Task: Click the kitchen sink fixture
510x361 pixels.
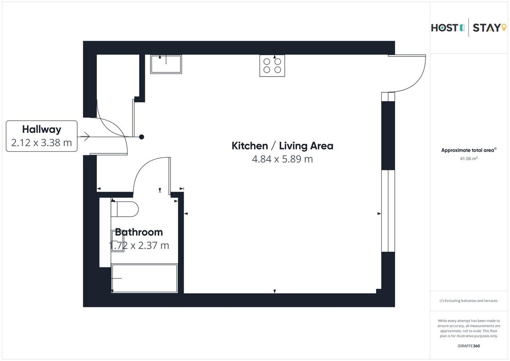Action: [166, 64]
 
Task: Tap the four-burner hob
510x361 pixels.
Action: [272, 65]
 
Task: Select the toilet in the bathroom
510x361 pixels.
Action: [125, 209]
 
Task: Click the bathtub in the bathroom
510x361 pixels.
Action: [144, 278]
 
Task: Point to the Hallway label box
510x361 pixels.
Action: [42, 136]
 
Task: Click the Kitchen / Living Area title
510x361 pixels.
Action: [282, 146]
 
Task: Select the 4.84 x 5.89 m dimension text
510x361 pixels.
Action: [282, 159]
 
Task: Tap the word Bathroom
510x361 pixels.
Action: [139, 232]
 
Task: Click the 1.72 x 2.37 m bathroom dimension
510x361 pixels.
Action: [139, 245]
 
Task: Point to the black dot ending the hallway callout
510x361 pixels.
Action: [142, 137]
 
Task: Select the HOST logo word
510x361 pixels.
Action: [445, 28]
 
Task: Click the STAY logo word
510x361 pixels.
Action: [487, 28]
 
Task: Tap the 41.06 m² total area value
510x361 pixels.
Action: [468, 159]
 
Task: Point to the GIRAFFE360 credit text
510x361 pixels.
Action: [468, 346]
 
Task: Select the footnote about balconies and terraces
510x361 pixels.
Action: [468, 301]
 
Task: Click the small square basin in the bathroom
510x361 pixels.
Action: [117, 241]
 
